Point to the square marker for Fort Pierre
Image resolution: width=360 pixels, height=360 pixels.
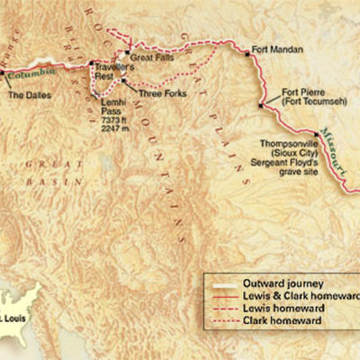click(x=261, y=105)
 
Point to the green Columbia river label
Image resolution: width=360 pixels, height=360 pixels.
click(x=43, y=70)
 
